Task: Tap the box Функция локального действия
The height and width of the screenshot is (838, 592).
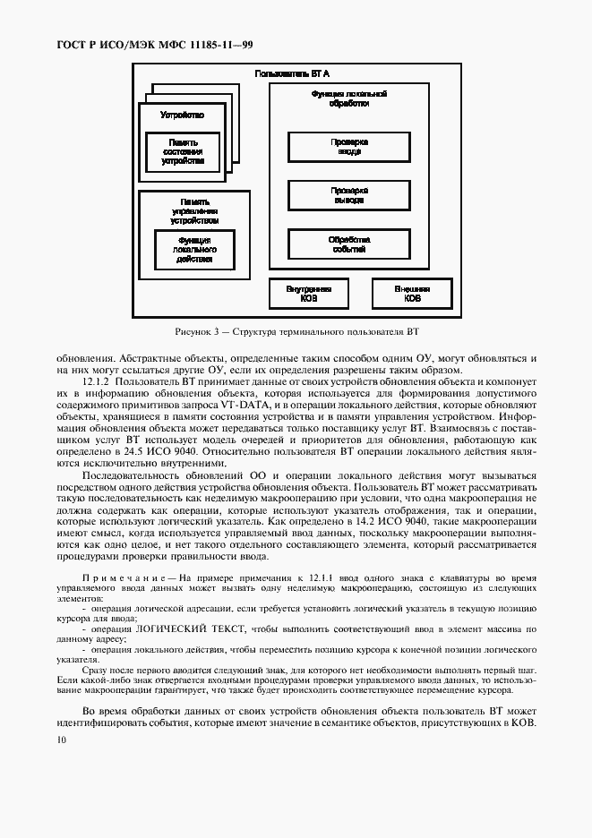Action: tap(194, 250)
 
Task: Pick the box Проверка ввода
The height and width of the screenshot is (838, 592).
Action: tap(349, 147)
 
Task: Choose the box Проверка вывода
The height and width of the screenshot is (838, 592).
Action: tap(349, 195)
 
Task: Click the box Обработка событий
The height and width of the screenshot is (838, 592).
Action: tap(349, 244)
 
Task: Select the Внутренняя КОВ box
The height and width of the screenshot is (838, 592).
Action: tap(309, 295)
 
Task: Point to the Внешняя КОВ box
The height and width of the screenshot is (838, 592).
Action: tap(412, 295)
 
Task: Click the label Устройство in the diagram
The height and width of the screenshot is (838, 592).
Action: tap(182, 115)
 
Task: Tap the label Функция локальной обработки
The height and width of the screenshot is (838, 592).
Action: tap(349, 98)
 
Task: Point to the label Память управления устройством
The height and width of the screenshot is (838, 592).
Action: tap(194, 210)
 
